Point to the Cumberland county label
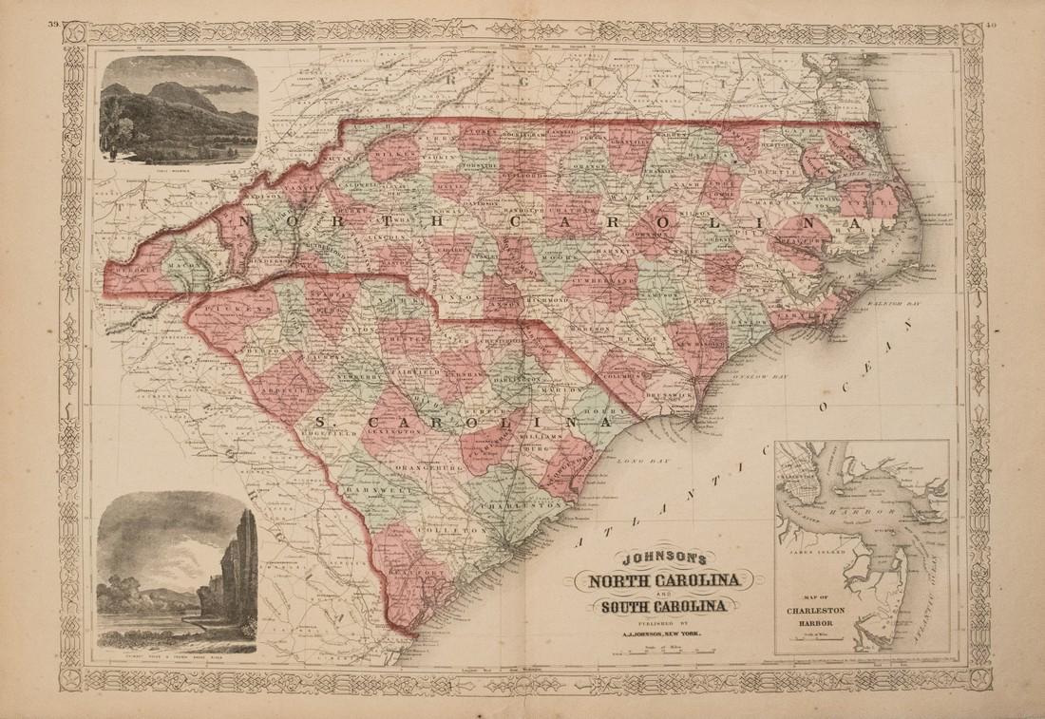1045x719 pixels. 605,282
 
